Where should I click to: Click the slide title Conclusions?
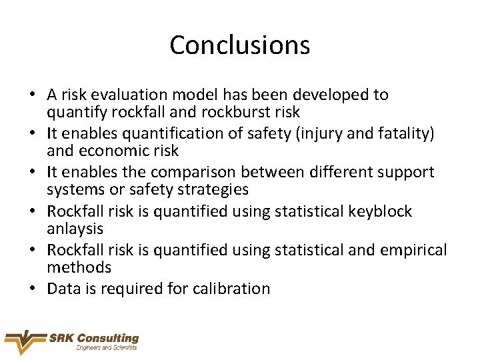[239, 45]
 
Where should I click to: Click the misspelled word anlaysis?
[75, 229]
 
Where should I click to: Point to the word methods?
[79, 267]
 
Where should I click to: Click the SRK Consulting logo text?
[93, 338]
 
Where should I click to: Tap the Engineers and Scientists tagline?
[107, 348]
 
